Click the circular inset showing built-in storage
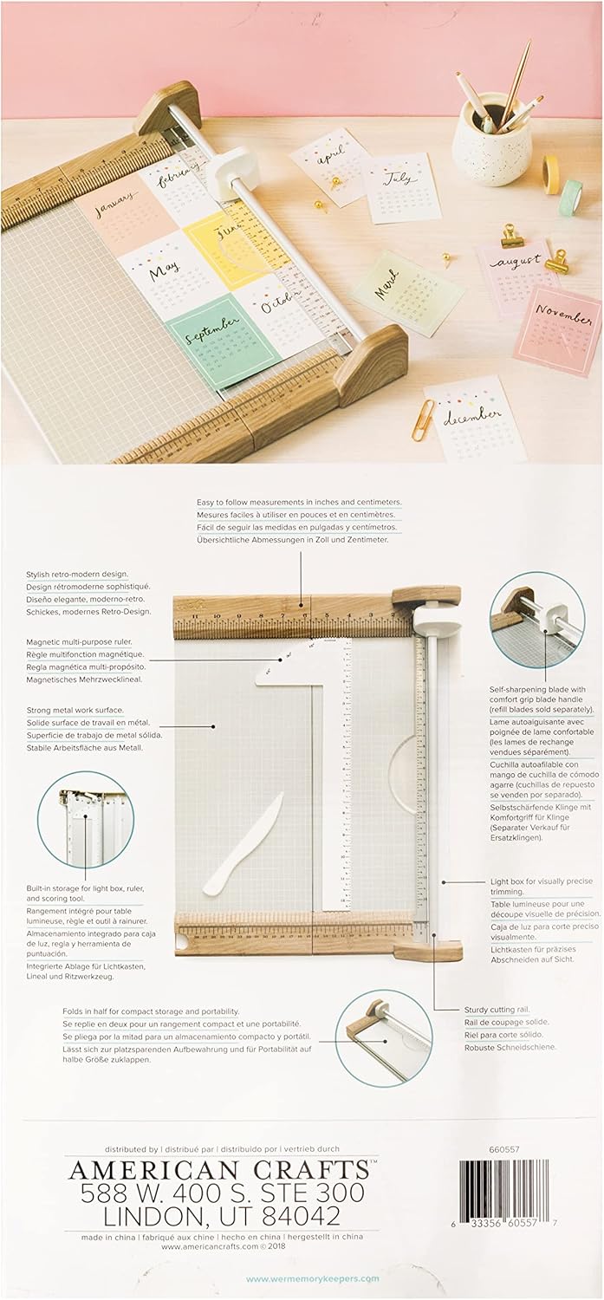(87, 819)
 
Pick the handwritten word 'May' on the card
(165, 271)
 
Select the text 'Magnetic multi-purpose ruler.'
(86, 641)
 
